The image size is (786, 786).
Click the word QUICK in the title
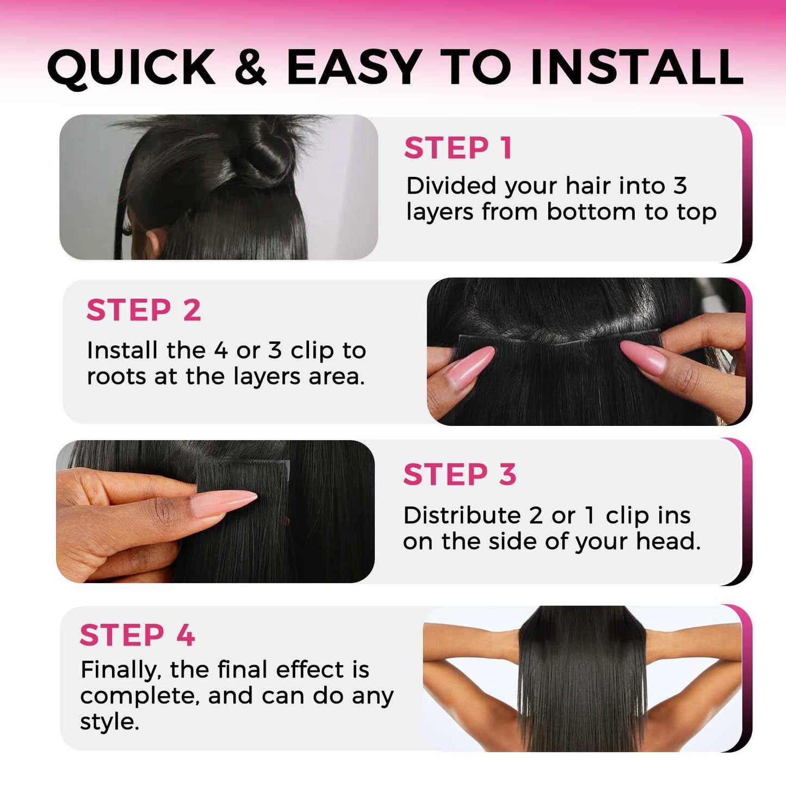[132, 67]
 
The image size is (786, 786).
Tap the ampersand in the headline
[251, 67]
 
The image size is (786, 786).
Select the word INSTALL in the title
[636, 67]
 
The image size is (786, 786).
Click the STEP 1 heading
[458, 148]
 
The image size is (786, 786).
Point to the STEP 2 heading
[144, 310]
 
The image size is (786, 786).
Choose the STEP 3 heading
[460, 474]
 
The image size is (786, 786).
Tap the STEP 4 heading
[137, 635]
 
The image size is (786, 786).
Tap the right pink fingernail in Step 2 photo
[644, 357]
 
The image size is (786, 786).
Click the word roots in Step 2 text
[116, 376]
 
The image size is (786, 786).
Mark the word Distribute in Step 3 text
[462, 515]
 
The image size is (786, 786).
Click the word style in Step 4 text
[109, 722]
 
